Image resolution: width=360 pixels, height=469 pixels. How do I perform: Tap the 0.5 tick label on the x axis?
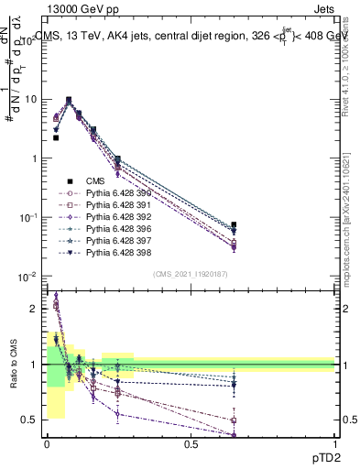coord(191,444)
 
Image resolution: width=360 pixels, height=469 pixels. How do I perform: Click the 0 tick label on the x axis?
coord(47,444)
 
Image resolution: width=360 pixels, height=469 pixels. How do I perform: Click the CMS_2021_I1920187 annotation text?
coord(191,274)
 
